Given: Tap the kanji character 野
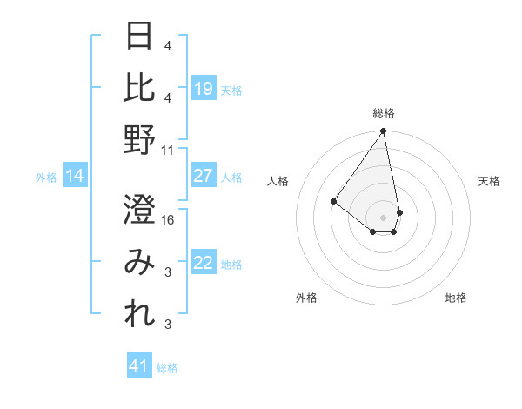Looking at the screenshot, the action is pos(140,138).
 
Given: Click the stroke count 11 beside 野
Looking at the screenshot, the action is pos(168,150).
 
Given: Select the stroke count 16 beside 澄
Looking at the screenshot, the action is pos(168,221).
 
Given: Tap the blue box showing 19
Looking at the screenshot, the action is pos(204,89).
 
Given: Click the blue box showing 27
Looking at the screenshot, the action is pos(204,176).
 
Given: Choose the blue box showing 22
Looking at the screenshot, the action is pos(204,264).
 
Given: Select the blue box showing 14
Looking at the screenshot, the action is pos(75,177).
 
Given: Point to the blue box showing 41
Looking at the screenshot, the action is pos(139,366).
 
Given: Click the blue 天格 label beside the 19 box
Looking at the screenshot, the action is pos(231,90).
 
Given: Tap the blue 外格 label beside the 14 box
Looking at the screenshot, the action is pos(46,178).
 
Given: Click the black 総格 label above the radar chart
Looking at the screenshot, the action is pos(383,113).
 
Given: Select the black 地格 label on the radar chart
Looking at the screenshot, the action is pos(456,298).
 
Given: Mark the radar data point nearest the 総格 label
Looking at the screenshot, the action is pos(383,131).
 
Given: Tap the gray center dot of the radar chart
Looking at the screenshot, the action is pos(383,217).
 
